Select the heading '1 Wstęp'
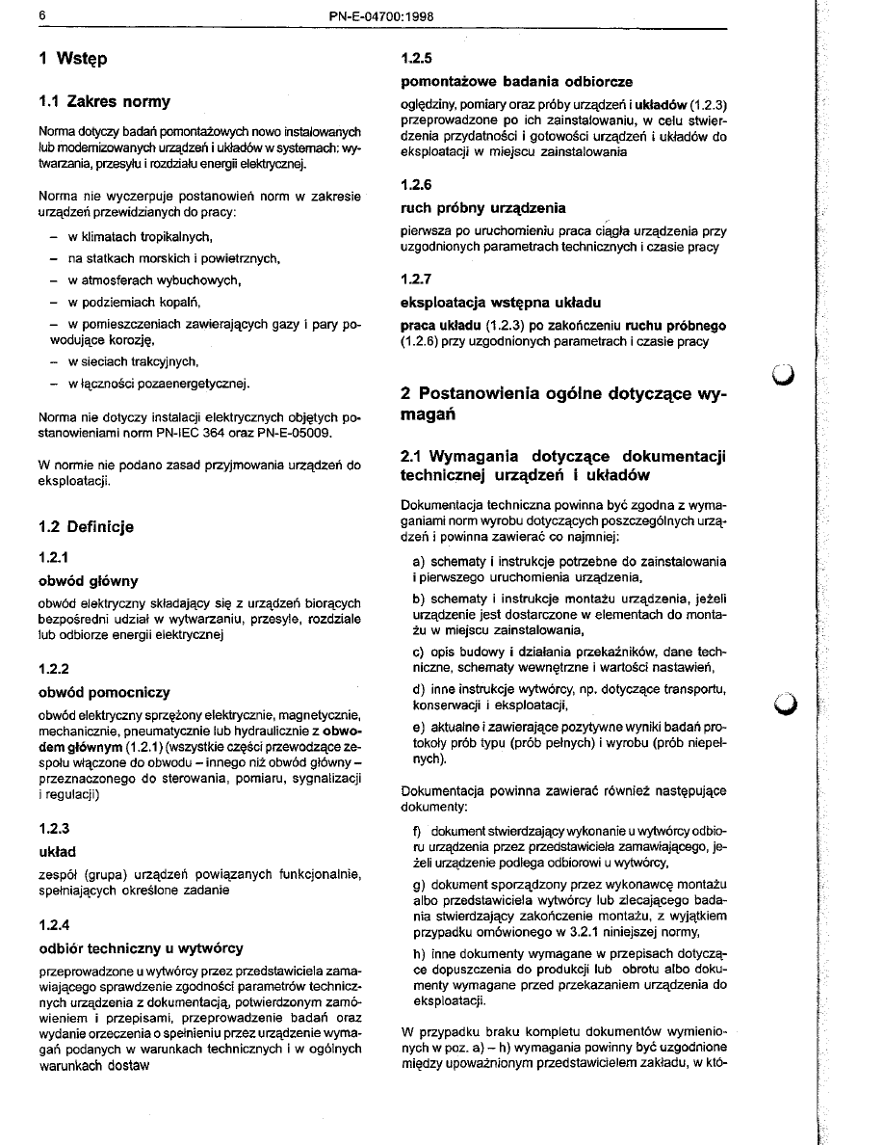click(x=73, y=59)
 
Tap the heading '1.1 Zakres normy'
click(x=105, y=101)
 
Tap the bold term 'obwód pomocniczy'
click(x=104, y=692)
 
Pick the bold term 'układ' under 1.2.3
click(x=57, y=852)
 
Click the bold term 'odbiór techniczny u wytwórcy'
click(x=141, y=948)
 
